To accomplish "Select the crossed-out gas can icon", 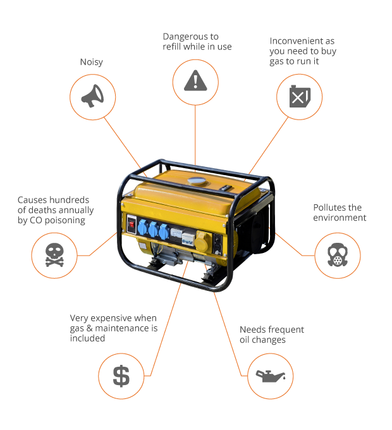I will coord(299,97).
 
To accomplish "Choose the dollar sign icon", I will coord(121,376).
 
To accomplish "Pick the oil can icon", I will coord(270,376).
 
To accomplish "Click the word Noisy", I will coord(92,62).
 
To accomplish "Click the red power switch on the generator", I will coord(132,223).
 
